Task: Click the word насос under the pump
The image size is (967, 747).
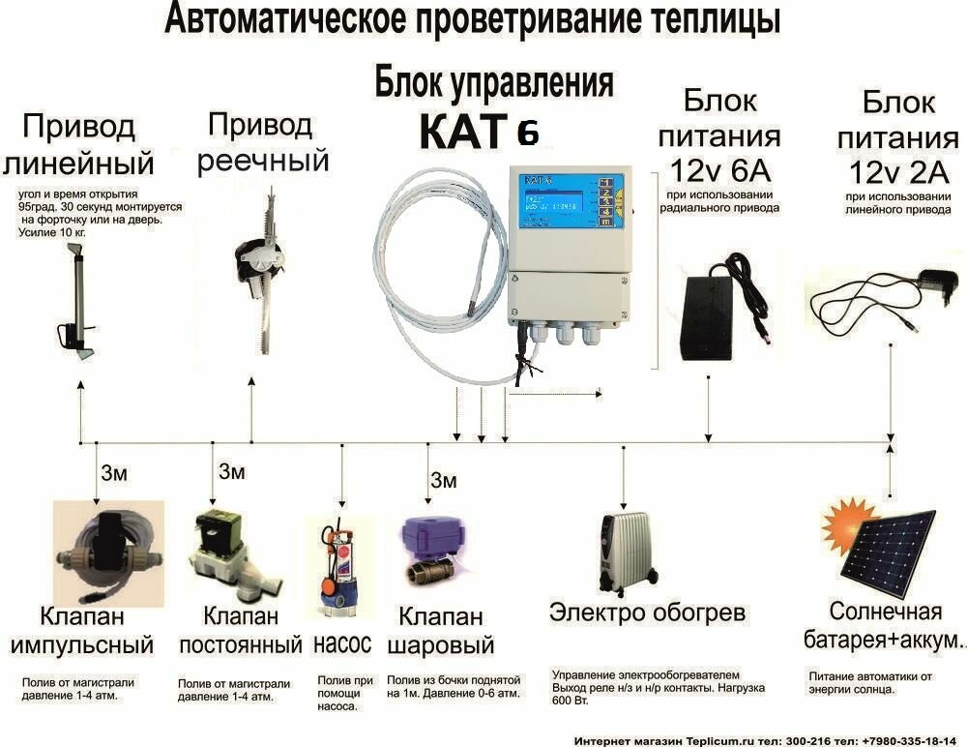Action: click(342, 643)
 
